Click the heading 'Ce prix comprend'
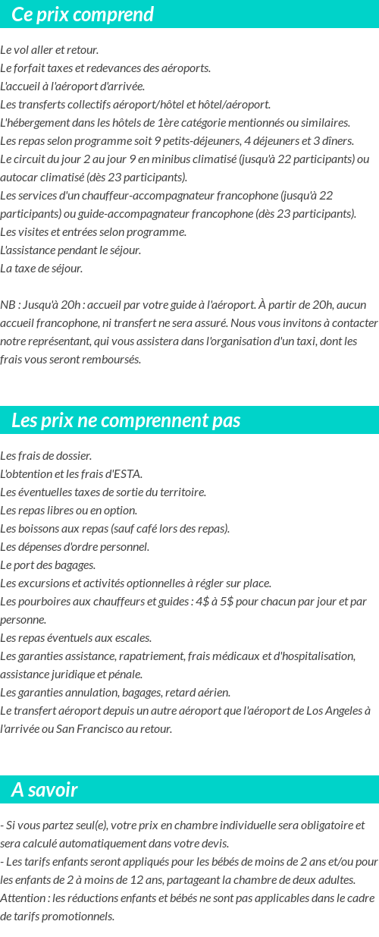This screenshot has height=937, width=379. coord(83,14)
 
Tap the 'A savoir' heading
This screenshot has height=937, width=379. coord(45,790)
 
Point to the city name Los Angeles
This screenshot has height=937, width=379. coord(336,711)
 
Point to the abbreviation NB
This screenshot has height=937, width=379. coord(8,305)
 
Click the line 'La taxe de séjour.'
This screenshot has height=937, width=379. coord(42,269)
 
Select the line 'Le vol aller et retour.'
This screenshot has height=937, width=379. coord(49,50)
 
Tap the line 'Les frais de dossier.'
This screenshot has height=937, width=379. coord(46,456)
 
